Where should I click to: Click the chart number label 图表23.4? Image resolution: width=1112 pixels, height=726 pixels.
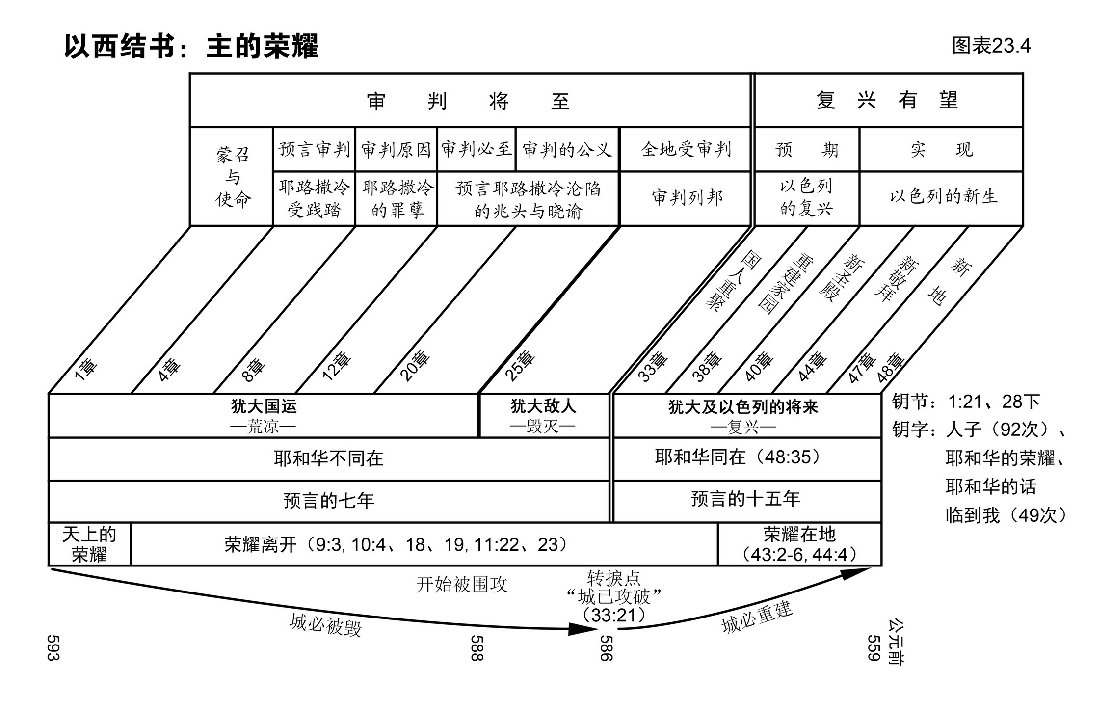[x=991, y=46]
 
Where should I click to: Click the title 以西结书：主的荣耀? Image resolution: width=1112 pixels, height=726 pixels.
[x=191, y=47]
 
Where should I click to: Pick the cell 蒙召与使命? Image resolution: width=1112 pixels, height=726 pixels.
[x=232, y=177]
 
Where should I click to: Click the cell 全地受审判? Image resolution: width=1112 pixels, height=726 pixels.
[x=686, y=149]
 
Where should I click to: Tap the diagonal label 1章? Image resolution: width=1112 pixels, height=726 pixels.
[x=85, y=370]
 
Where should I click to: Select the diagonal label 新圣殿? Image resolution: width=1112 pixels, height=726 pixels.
[x=842, y=278]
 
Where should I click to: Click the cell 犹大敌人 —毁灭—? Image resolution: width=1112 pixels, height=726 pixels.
[x=543, y=416]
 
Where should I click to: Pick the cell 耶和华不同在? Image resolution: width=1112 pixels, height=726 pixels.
[x=328, y=458]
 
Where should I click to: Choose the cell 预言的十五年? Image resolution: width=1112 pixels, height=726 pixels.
[x=745, y=499]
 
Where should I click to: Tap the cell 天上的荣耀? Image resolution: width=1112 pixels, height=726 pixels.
[x=89, y=544]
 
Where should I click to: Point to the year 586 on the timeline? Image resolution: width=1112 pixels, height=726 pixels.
[x=606, y=648]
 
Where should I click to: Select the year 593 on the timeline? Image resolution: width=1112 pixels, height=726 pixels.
[x=53, y=647]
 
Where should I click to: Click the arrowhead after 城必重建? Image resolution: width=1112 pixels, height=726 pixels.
[x=856, y=572]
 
